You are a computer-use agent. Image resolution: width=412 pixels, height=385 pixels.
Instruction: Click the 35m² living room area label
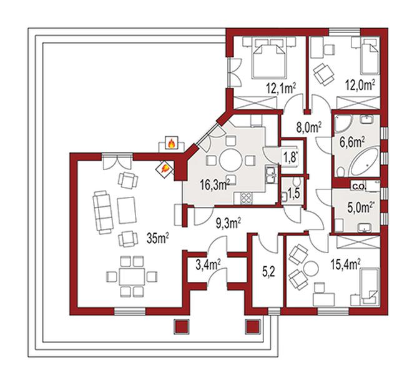158,238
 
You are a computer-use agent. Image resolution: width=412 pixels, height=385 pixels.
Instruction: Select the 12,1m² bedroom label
281,89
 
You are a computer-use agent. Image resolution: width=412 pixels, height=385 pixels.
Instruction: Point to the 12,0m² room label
360,85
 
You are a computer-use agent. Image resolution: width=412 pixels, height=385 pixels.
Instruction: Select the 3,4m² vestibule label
208,264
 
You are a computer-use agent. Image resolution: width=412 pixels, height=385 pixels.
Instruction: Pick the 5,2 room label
268,272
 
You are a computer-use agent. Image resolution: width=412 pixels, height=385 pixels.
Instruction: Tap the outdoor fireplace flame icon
171,143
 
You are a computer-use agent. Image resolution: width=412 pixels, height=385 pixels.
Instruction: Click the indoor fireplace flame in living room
164,169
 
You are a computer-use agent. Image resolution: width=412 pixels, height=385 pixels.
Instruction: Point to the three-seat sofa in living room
103,212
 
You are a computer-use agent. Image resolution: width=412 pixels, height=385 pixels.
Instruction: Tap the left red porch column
182,327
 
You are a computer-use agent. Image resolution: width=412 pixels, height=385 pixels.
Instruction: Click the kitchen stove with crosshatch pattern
247,198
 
